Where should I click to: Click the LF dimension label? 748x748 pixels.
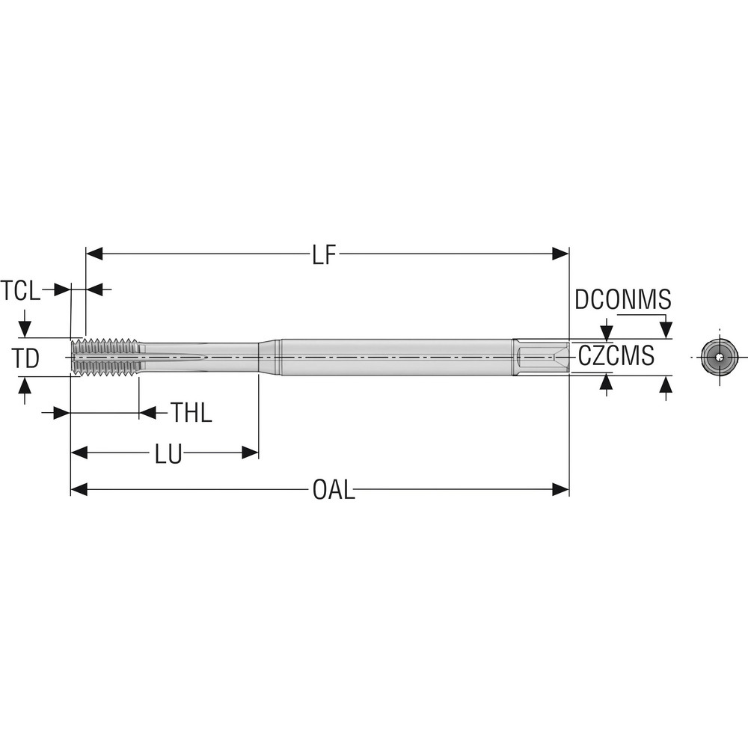325,254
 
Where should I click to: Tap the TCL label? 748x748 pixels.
20,290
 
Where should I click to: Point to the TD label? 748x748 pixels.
26,358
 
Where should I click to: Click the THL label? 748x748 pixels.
191,413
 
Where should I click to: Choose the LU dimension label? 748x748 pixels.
168,453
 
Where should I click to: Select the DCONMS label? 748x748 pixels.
622,299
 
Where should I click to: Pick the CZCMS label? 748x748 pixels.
616,357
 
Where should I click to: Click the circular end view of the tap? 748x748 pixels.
719,358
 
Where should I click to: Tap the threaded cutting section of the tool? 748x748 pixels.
105,357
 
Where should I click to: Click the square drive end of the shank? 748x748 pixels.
541,357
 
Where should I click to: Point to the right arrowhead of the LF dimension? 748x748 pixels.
561,254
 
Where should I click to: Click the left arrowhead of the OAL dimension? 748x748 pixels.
79,490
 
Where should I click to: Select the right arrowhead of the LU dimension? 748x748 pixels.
250,453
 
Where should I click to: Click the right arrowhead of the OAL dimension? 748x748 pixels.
561,490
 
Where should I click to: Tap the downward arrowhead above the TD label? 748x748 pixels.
25,329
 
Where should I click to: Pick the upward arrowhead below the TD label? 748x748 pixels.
25,386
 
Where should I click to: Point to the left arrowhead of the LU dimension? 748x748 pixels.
79,453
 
